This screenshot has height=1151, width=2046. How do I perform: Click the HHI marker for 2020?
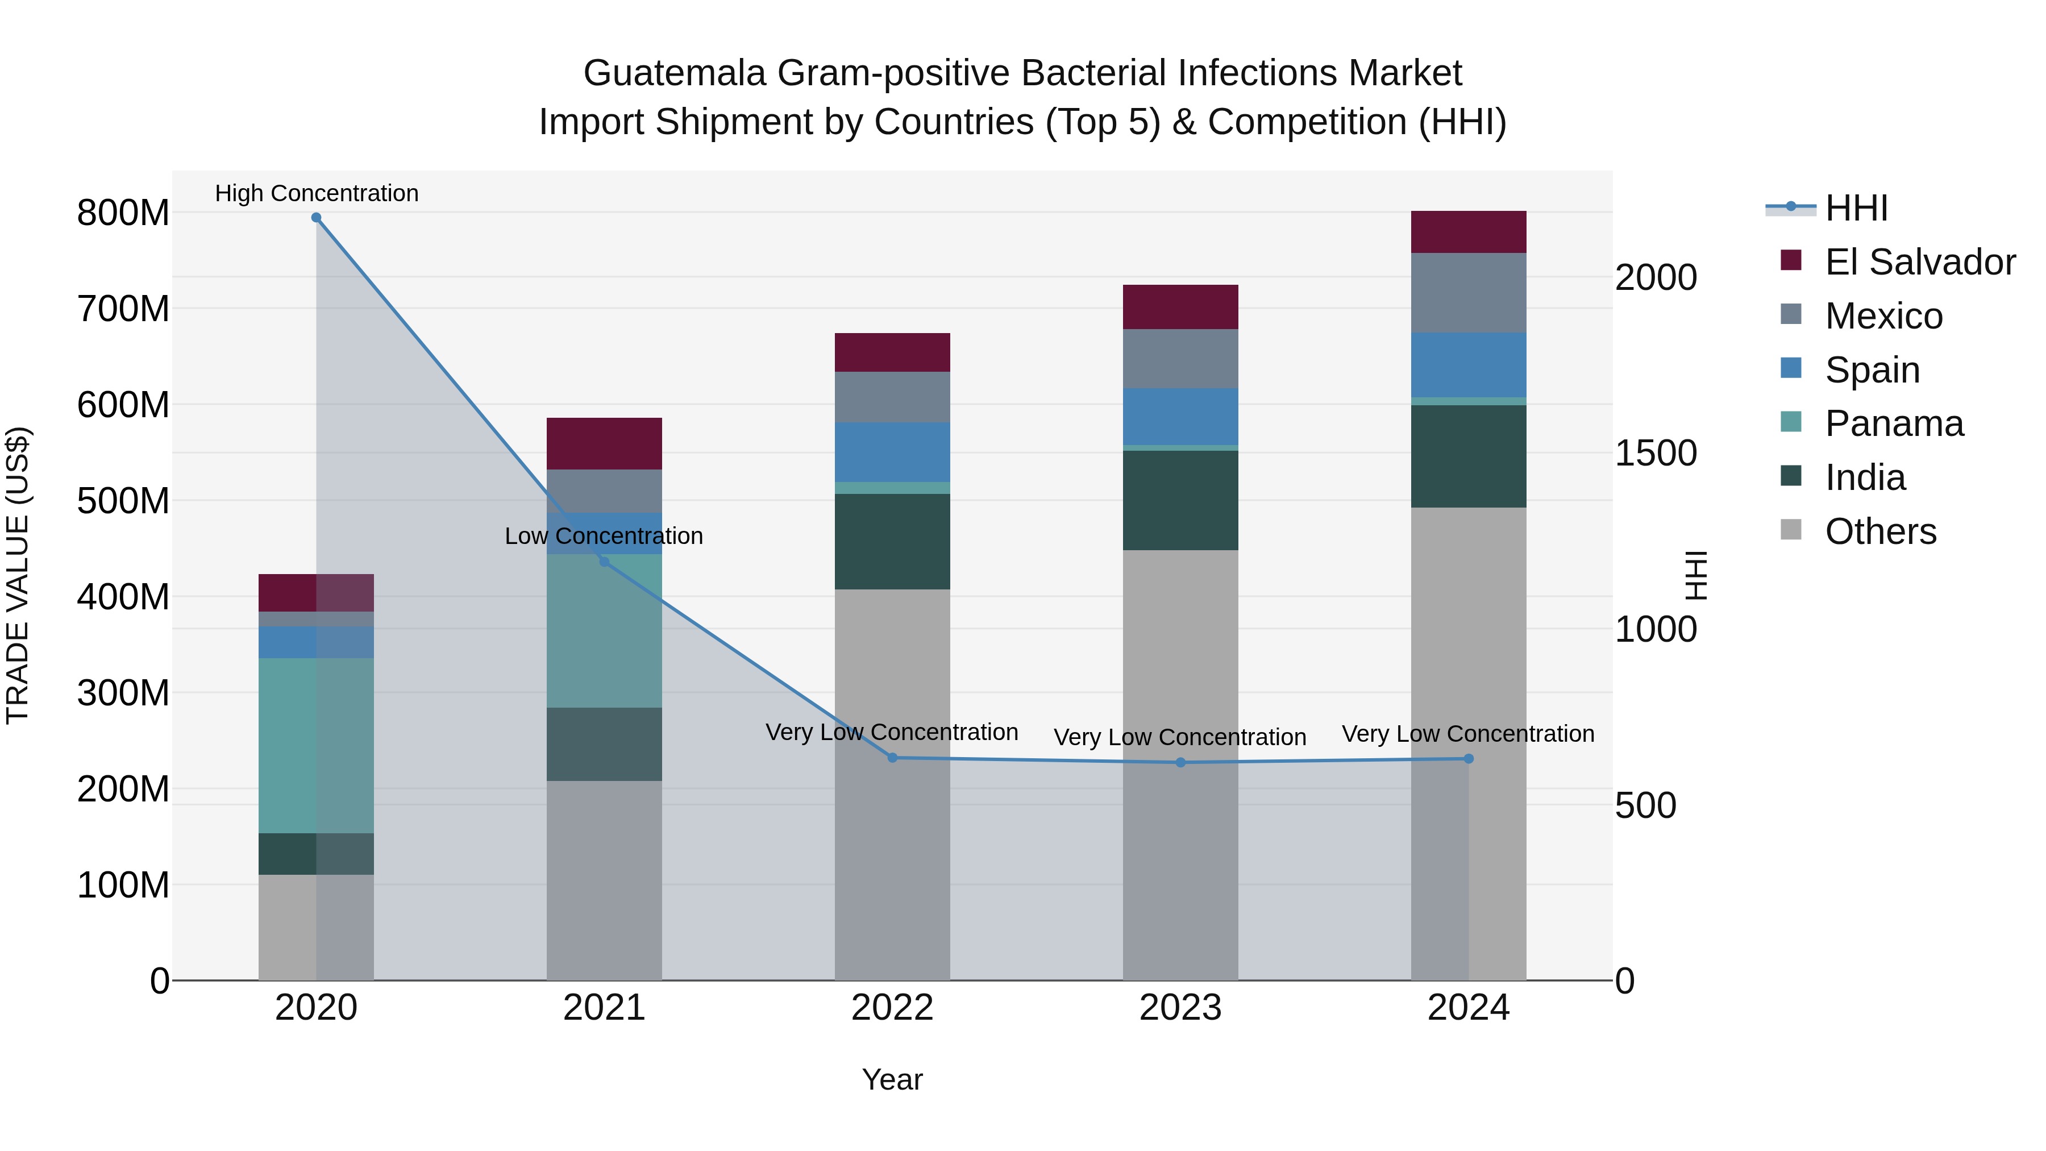pos(316,218)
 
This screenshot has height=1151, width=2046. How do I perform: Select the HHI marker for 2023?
pos(1180,763)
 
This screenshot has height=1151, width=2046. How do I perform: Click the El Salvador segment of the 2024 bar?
pos(1469,232)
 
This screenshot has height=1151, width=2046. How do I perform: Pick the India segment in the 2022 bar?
pos(892,542)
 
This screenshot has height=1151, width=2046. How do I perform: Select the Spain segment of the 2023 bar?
pos(1180,417)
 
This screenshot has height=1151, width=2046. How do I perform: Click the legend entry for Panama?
pos(1894,423)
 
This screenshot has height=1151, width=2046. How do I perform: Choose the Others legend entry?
pos(1880,531)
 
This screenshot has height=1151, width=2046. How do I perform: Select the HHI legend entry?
pos(1856,208)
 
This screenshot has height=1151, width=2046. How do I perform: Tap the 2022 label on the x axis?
pos(892,1008)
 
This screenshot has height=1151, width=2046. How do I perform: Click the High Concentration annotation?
pos(316,193)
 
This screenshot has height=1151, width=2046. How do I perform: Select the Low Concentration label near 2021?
pos(604,536)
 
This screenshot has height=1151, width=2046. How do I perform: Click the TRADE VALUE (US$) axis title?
pos(18,575)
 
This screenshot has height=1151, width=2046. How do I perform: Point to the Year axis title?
pos(892,1079)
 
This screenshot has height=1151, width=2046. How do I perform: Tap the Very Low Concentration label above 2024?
pos(1468,734)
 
